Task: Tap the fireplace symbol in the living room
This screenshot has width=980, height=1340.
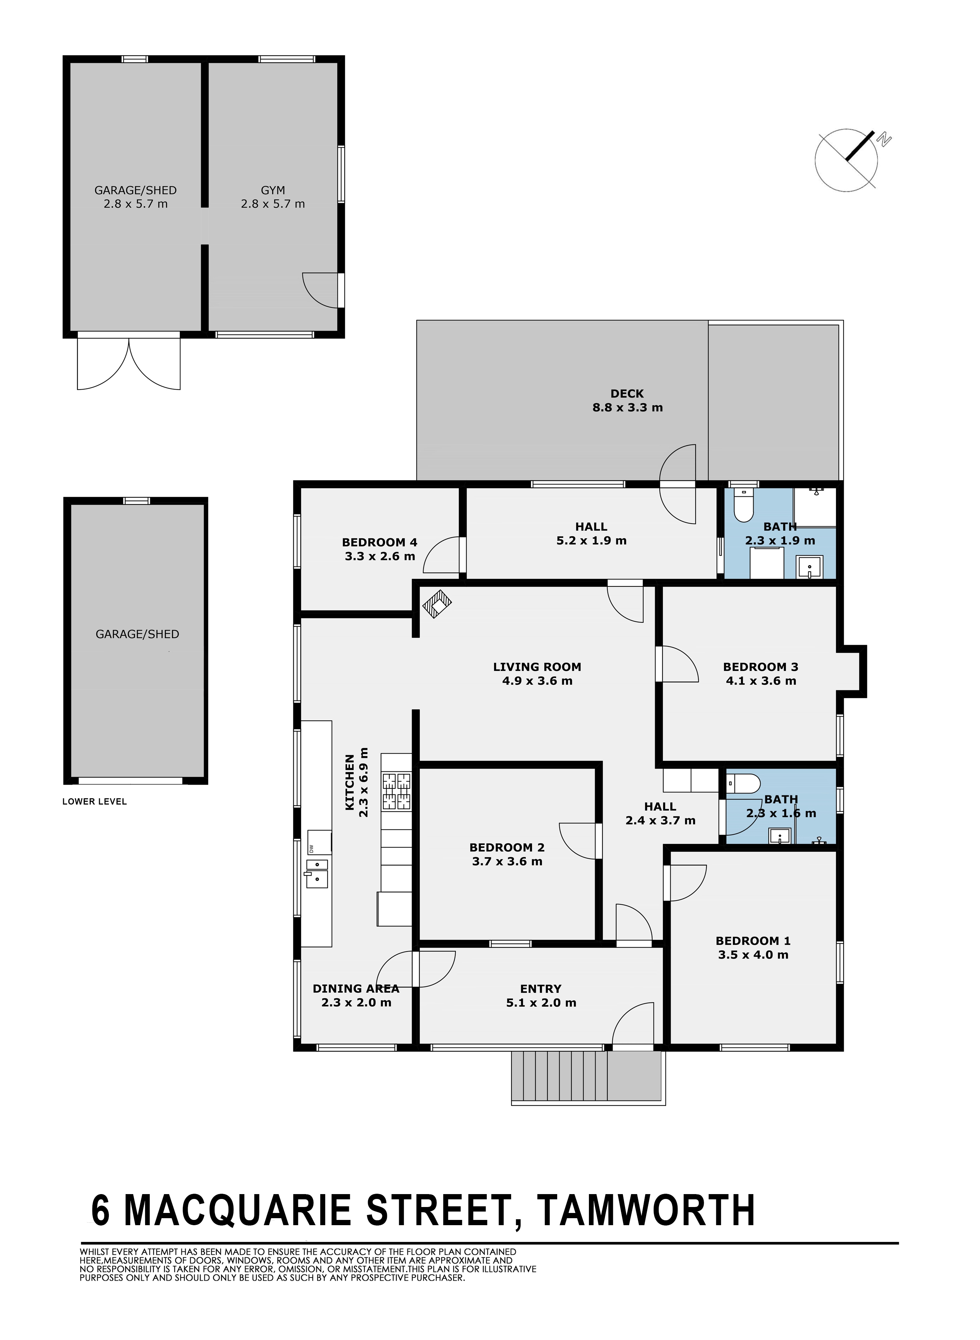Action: pyautogui.click(x=437, y=604)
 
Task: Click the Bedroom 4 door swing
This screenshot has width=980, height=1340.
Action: pyautogui.click(x=442, y=555)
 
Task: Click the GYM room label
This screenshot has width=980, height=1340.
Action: pyautogui.click(x=273, y=191)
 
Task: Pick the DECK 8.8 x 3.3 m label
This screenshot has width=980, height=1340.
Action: pyautogui.click(x=628, y=401)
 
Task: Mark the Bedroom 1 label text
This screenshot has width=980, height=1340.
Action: pyautogui.click(x=753, y=941)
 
